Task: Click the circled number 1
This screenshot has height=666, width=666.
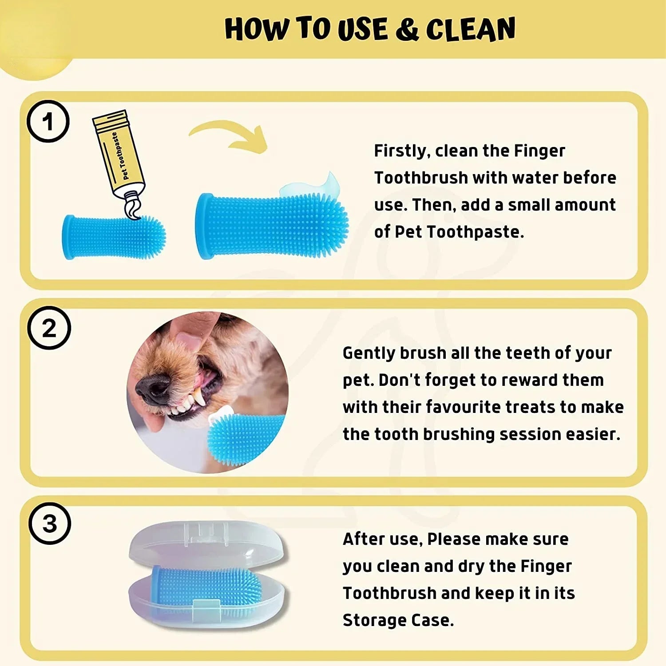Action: (48, 121)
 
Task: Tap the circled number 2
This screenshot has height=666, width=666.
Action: (49, 328)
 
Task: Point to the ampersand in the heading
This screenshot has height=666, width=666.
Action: (406, 29)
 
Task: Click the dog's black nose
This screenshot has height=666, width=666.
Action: (153, 386)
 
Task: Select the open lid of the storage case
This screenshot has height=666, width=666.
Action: (206, 544)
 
